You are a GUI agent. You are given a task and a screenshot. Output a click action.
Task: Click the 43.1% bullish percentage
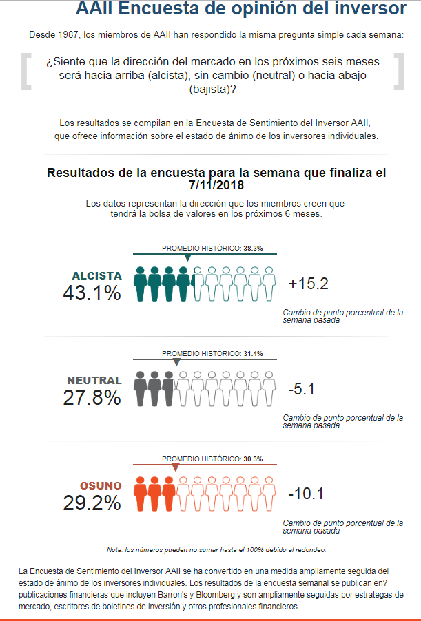coord(92,293)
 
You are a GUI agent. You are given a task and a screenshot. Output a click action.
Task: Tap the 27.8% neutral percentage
coord(92,397)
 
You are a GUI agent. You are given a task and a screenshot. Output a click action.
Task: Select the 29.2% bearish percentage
coord(92,503)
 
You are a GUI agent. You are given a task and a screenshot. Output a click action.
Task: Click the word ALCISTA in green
coord(96,275)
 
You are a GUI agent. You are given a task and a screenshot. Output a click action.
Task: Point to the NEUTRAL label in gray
coord(94,380)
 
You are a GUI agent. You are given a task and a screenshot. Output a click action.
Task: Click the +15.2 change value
coord(309,284)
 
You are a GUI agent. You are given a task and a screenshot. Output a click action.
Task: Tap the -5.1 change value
coord(301,389)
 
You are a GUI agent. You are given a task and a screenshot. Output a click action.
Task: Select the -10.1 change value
coord(307,494)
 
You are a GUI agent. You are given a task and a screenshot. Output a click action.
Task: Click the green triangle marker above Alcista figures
coord(188,257)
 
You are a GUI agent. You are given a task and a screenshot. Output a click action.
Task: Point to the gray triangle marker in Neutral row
coord(176,362)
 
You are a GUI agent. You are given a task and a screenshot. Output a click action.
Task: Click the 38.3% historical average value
coord(253,248)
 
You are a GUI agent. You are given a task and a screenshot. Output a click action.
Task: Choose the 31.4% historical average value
coord(253,353)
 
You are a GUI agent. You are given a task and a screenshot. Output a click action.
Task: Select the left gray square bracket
coord(25,72)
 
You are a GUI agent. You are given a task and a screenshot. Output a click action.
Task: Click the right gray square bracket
coord(398,72)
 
